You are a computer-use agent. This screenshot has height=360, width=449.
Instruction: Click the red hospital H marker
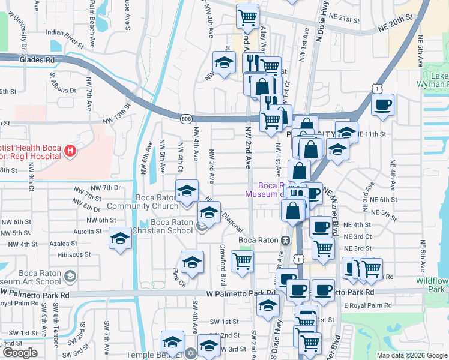tap(71, 150)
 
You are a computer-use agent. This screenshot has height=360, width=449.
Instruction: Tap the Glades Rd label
tap(37, 60)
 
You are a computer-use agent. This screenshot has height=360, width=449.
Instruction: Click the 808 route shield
tap(186, 119)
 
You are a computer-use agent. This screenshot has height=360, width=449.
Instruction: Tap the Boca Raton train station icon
tap(286, 240)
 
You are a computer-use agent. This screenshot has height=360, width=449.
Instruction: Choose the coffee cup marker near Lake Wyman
tap(382, 104)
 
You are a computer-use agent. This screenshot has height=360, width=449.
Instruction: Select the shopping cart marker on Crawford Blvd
tap(242, 261)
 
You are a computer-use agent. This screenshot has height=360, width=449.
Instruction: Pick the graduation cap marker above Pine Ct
tap(193, 262)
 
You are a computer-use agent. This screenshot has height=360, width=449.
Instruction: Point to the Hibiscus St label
tap(75, 254)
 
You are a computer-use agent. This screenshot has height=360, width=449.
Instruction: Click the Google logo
tap(20, 353)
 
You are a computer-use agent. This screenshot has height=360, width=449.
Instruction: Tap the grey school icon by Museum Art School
tap(70, 276)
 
